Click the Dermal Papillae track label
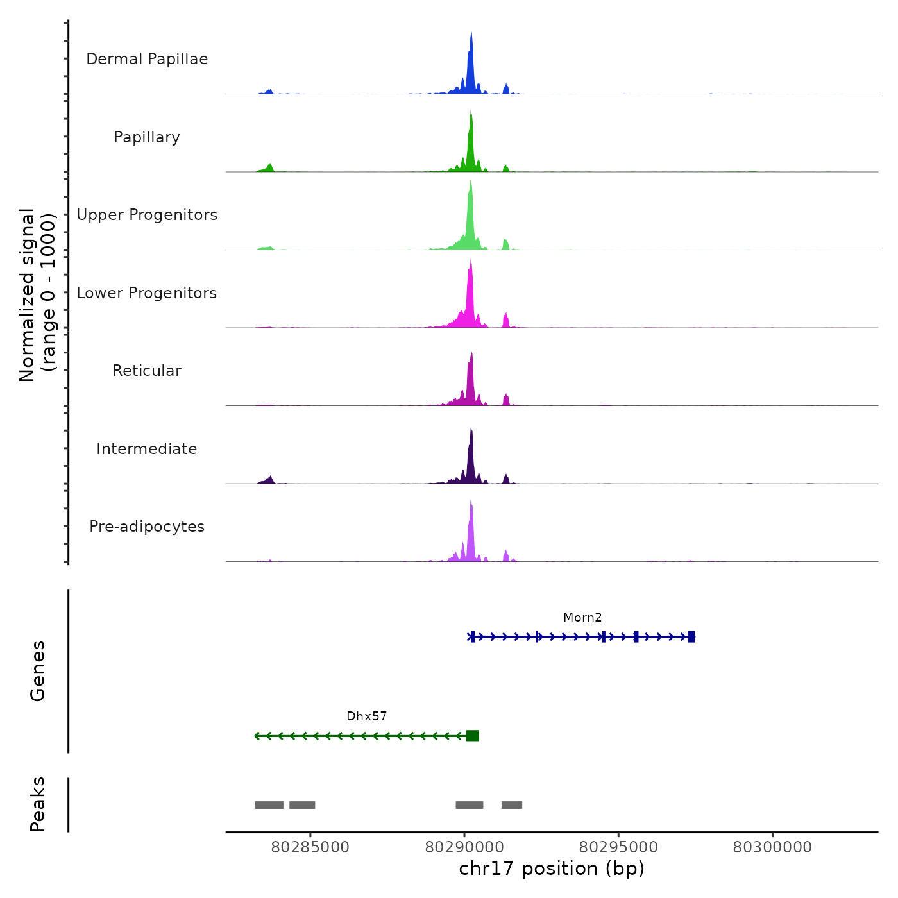pos(147,59)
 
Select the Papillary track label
pos(147,137)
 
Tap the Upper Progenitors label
pos(147,215)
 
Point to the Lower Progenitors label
pos(147,293)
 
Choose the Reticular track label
pos(147,371)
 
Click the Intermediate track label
pos(147,449)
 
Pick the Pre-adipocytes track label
pos(147,527)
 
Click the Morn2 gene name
pos(582,618)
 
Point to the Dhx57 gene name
pos(367,716)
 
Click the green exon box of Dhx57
pos(473,736)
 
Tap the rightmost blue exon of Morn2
pos(691,637)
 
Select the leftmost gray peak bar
pos(269,805)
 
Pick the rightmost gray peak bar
pos(512,805)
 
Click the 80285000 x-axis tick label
pos(310,847)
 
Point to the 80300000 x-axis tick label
pos(772,847)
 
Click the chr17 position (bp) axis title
pos(552,869)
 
